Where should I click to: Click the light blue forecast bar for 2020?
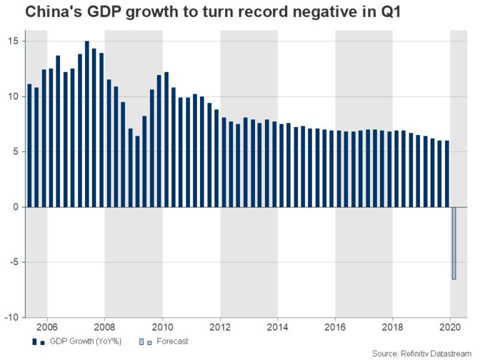pos(454,243)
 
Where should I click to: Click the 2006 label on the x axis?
pos(47,327)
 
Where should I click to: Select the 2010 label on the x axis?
pos(162,327)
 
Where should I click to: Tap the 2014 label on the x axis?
pos(277,327)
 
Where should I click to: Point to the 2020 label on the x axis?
pos(450,327)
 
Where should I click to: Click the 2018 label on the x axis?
pos(392,327)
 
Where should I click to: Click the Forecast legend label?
pos(173,341)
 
